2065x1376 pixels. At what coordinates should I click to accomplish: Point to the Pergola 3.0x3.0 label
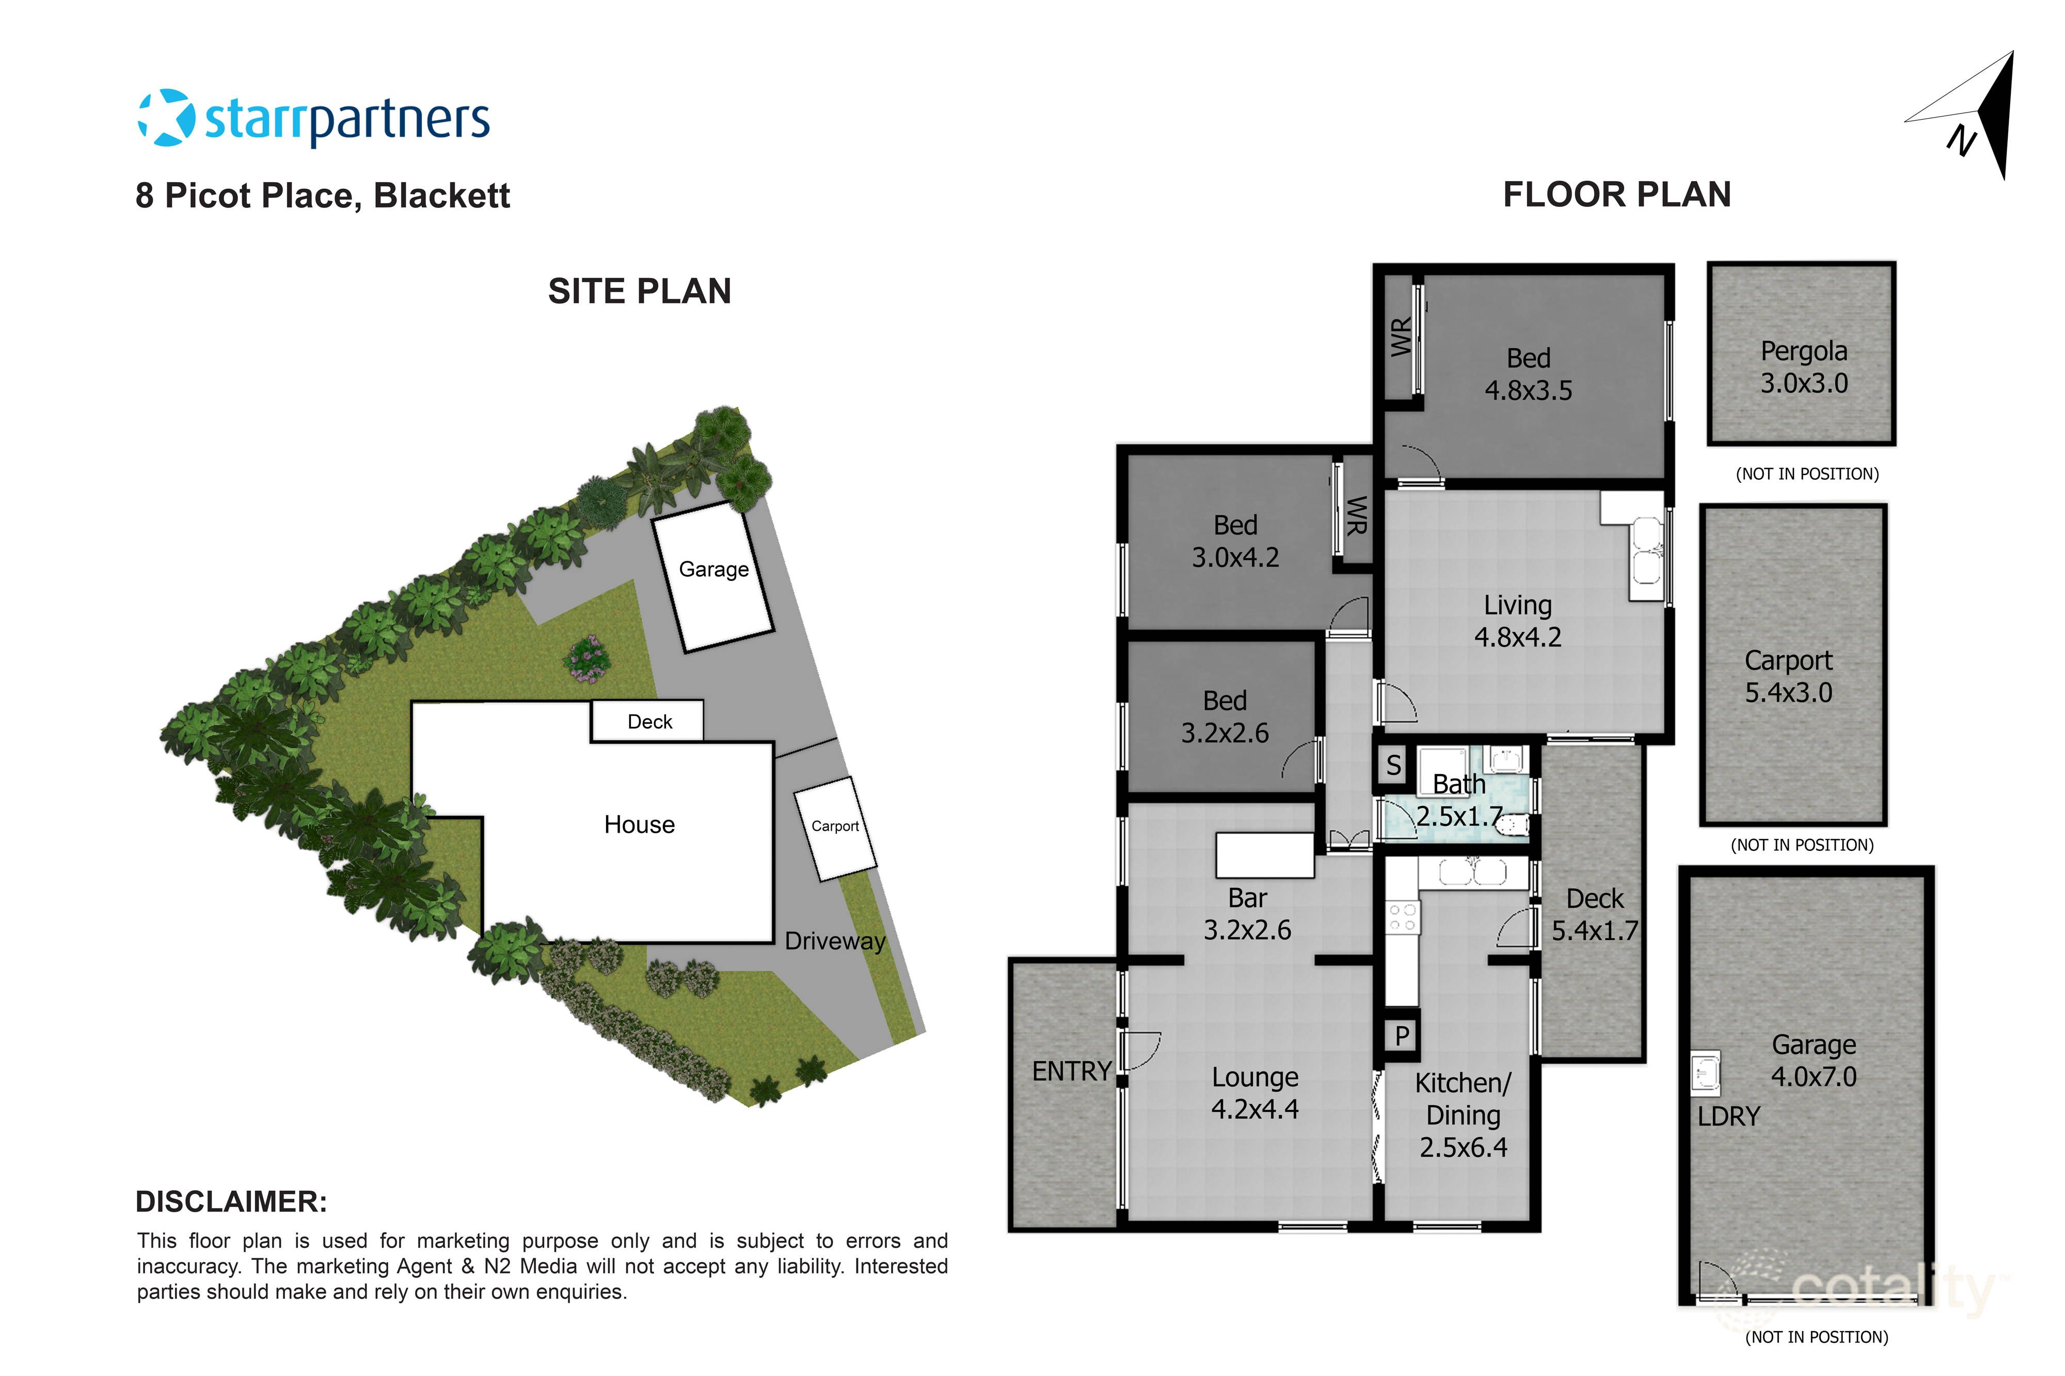click(x=1803, y=367)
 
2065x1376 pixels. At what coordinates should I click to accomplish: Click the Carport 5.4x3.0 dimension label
click(x=1788, y=676)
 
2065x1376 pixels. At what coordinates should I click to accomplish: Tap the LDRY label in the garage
click(x=1728, y=1116)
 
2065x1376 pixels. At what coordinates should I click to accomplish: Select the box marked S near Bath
click(x=1393, y=765)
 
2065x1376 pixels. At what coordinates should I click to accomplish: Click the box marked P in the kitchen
click(x=1401, y=1035)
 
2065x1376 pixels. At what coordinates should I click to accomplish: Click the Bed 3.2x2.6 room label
click(x=1224, y=716)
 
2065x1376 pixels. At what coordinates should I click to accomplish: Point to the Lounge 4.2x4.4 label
click(x=1254, y=1093)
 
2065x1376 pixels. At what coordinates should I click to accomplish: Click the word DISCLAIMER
click(x=231, y=1202)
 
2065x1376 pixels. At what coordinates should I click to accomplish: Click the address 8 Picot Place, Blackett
click(x=322, y=195)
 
